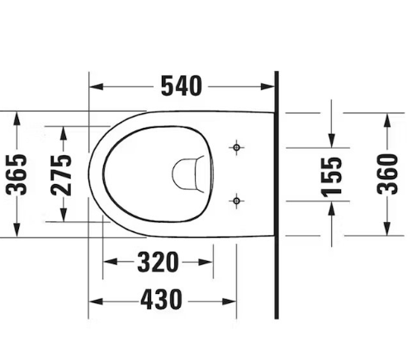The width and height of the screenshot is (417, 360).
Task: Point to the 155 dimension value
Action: tap(332, 176)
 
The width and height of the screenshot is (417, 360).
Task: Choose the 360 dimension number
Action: tap(387, 173)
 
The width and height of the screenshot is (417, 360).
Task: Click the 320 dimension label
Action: tap(158, 263)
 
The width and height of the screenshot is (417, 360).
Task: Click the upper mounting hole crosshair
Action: tap(237, 148)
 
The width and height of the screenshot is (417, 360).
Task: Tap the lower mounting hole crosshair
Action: tap(237, 200)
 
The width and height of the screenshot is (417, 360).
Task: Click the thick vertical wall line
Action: tap(276, 198)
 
